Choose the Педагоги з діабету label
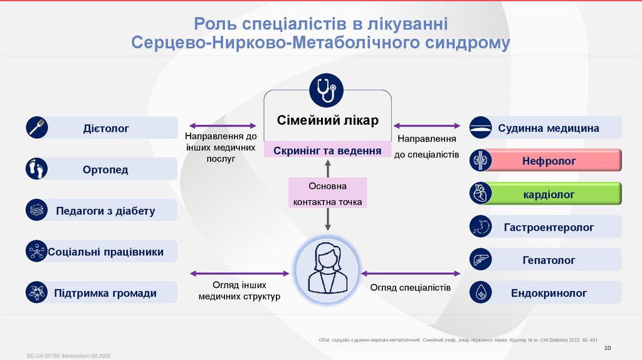tap(105, 211)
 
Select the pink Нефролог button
tap(549, 161)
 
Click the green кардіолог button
tap(549, 194)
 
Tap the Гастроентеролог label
tap(549, 227)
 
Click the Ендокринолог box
tap(549, 293)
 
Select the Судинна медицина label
tap(549, 129)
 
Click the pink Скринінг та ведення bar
tap(327, 151)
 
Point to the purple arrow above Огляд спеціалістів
tap(411, 273)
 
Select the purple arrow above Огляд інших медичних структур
tap(239, 273)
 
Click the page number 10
tap(607, 348)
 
